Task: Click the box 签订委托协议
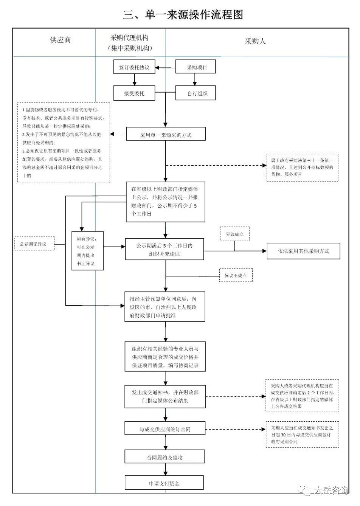pyautogui.click(x=134, y=68)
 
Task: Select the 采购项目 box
pyautogui.click(x=196, y=68)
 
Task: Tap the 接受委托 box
pyautogui.click(x=134, y=93)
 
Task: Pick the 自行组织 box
pyautogui.click(x=196, y=93)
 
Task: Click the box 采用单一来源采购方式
pyautogui.click(x=166, y=135)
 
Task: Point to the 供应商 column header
pyautogui.click(x=60, y=40)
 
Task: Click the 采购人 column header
pyautogui.click(x=255, y=41)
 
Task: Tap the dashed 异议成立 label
pyautogui.click(x=235, y=234)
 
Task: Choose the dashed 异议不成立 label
pyautogui.click(x=236, y=275)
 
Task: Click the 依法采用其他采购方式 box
pyautogui.click(x=303, y=251)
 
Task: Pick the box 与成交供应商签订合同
pyautogui.click(x=165, y=429)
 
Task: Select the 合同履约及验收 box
pyautogui.click(x=165, y=457)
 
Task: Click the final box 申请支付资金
pyautogui.click(x=164, y=483)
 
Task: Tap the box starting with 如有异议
pyautogui.click(x=88, y=251)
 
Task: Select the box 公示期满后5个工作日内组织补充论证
pyautogui.click(x=164, y=249)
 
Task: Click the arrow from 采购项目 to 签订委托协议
pyautogui.click(x=166, y=68)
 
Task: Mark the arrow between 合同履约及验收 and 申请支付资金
pyautogui.click(x=165, y=470)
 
